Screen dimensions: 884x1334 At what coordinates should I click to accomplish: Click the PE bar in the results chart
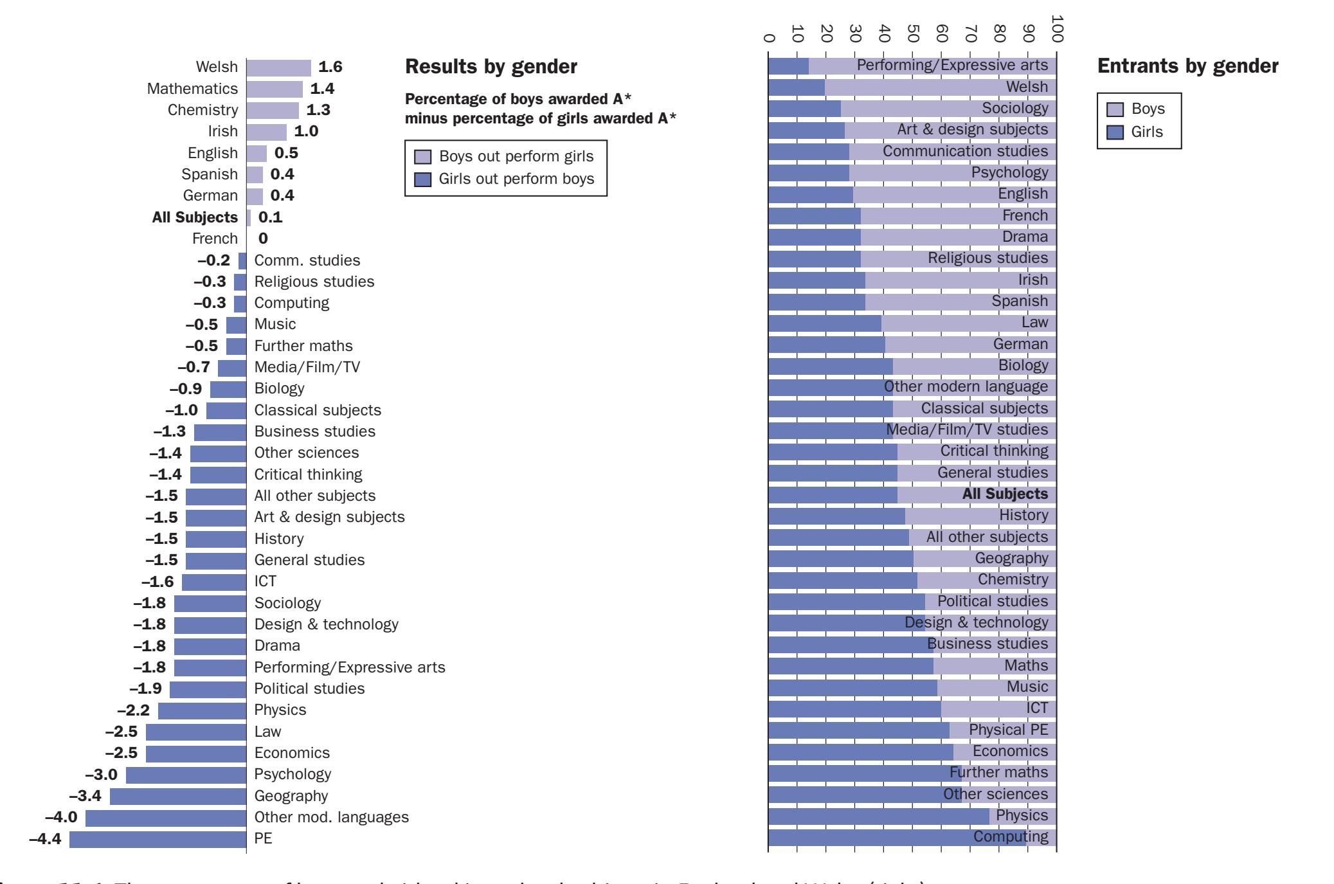(158, 839)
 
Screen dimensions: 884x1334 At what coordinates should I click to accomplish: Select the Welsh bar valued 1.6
(278, 68)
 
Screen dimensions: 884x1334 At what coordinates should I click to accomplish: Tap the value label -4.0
(61, 817)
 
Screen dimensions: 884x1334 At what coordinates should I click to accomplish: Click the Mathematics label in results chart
(192, 89)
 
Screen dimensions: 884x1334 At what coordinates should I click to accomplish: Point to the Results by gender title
(491, 67)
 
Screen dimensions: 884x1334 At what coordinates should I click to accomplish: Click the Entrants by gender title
(1187, 66)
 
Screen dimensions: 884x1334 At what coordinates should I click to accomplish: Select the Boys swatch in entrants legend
(1115, 109)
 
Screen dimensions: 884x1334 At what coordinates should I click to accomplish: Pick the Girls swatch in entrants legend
(1115, 132)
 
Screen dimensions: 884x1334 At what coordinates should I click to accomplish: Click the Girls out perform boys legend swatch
(422, 179)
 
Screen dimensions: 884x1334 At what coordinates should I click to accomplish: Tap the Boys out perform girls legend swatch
(422, 157)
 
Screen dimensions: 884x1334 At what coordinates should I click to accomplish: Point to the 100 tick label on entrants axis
(1057, 29)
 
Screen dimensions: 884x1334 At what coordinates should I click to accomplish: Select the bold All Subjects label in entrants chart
(1005, 494)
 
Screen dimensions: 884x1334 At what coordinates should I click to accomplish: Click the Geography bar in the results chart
(178, 797)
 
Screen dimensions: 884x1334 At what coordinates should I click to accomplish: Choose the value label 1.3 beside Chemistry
(318, 110)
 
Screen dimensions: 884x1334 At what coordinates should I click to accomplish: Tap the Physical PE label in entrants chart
(1008, 730)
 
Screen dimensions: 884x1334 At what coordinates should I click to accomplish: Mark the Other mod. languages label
(331, 817)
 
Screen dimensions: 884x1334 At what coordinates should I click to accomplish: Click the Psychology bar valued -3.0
(186, 775)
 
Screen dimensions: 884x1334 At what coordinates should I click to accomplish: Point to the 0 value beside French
(263, 239)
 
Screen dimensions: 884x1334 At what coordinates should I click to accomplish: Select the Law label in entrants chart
(1034, 322)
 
